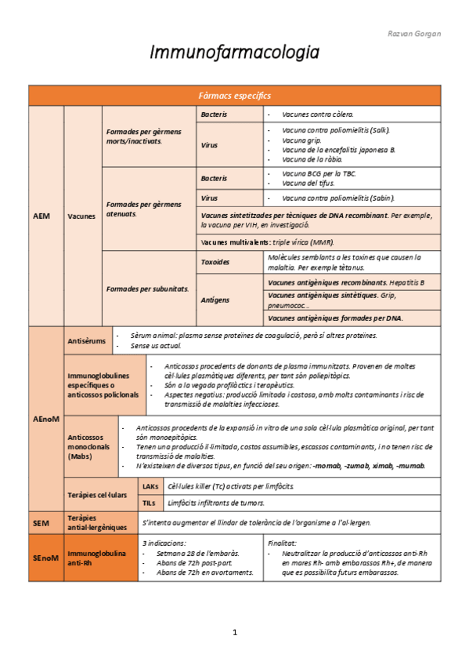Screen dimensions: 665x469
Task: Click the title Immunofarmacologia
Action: click(235, 53)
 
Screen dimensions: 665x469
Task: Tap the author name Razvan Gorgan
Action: click(414, 34)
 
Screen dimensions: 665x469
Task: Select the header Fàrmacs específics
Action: click(234, 95)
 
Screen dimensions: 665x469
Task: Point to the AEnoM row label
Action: click(46, 420)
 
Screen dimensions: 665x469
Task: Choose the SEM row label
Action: click(41, 522)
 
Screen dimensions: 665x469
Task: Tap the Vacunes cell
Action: click(82, 216)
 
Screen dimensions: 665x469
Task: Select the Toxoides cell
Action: click(215, 262)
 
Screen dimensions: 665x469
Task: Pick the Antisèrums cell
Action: click(86, 340)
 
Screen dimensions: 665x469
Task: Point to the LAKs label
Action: click(150, 486)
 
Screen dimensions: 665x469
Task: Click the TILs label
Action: click(149, 503)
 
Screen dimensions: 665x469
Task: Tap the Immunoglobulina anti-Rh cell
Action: click(96, 558)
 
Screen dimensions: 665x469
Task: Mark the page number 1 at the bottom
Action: click(234, 632)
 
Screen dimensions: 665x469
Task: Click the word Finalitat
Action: click(282, 542)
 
